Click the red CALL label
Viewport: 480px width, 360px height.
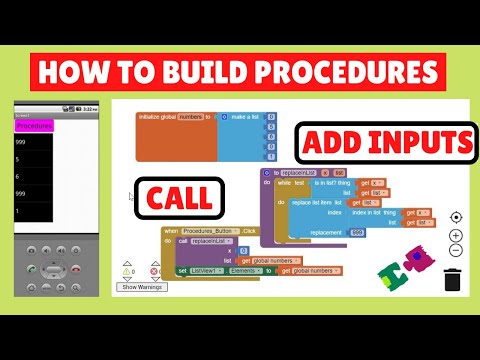point(185,200)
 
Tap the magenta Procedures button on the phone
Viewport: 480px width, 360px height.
point(35,127)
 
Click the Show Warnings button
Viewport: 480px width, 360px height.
point(142,287)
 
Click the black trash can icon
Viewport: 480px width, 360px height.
point(453,279)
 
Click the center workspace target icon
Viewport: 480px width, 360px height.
point(456,217)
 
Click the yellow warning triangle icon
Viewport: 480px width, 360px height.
point(127,270)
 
